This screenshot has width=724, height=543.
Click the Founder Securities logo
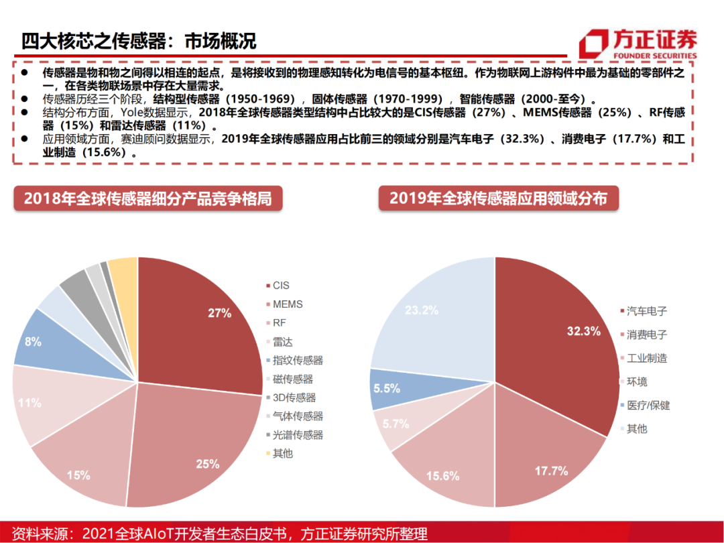pyautogui.click(x=638, y=44)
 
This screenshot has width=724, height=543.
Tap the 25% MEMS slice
pyautogui.click(x=194, y=449)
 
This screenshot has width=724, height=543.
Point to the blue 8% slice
pyautogui.click(x=40, y=342)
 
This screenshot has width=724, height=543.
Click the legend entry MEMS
pyautogui.click(x=288, y=304)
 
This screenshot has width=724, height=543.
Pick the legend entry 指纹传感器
pyautogui.click(x=298, y=360)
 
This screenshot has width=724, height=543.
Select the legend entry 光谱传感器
pyautogui.click(x=298, y=434)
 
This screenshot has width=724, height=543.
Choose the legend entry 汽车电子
pyautogui.click(x=646, y=311)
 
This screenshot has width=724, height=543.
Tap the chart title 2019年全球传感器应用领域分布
pyautogui.click(x=498, y=199)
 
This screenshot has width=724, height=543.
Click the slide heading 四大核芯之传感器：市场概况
pyautogui.click(x=138, y=41)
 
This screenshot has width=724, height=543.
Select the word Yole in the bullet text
pyautogui.click(x=134, y=113)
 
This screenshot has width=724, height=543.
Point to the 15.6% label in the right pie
pyautogui.click(x=442, y=476)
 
